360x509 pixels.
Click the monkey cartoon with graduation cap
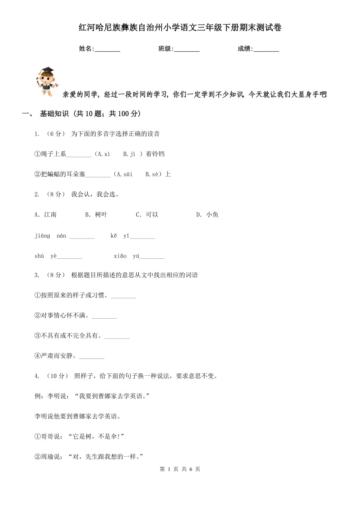[47, 81]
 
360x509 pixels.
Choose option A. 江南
[46, 215]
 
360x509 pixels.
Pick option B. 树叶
[96, 215]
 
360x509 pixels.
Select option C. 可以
[147, 215]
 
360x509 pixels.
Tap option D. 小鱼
[207, 215]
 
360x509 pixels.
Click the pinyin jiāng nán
[50, 236]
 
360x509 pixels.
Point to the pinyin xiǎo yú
[126, 256]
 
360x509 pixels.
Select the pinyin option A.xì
[103, 154]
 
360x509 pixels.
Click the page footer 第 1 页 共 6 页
[180, 469]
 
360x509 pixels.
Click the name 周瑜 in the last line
[47, 457]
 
